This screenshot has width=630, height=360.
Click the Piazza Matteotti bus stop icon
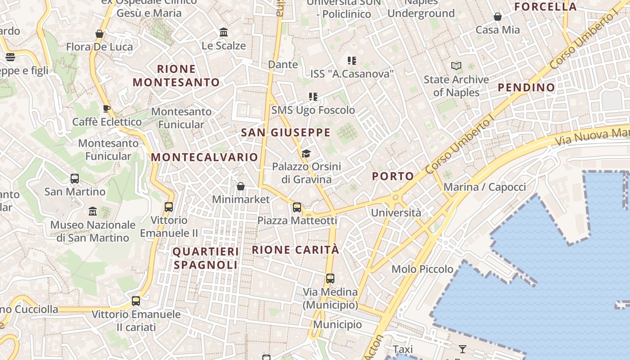click(297, 207)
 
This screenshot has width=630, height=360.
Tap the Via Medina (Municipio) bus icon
click(330, 279)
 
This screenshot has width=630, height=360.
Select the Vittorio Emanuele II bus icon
click(169, 207)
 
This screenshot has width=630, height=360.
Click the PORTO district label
click(393, 176)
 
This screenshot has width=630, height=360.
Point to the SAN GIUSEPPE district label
click(286, 133)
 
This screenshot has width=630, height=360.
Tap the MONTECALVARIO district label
click(204, 157)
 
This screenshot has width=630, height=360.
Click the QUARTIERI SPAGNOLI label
click(206, 258)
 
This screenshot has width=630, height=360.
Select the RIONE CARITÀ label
click(295, 250)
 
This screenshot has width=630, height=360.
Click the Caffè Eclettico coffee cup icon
click(107, 108)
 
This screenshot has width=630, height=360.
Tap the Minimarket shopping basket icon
click(241, 186)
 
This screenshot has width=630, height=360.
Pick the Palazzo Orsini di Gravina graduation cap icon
click(306, 153)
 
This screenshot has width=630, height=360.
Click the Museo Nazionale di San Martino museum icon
click(93, 211)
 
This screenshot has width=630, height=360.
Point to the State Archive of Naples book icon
click(456, 66)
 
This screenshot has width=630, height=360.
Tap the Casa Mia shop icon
click(498, 17)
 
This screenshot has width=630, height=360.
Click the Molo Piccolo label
click(422, 269)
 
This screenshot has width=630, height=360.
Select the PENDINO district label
click(526, 88)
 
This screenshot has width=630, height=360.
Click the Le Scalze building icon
click(224, 32)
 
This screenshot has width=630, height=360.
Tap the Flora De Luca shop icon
click(99, 34)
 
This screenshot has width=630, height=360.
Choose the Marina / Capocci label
click(485, 187)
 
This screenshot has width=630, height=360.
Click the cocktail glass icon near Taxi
click(462, 349)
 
